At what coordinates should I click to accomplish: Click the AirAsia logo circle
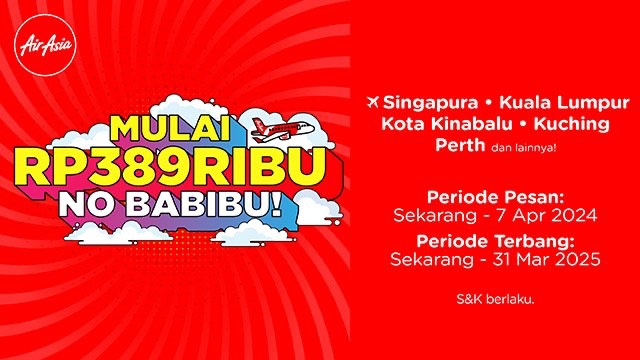(x=45, y=45)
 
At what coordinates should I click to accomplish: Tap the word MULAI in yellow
(x=170, y=129)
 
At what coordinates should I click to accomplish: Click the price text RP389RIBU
(x=172, y=167)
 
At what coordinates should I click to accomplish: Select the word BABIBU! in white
(x=207, y=204)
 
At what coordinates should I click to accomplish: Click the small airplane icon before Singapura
(x=373, y=102)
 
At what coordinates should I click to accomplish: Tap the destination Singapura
(x=431, y=102)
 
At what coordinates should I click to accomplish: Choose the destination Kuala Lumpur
(x=564, y=102)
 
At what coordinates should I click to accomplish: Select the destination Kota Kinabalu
(x=447, y=124)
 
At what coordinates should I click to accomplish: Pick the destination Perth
(x=460, y=145)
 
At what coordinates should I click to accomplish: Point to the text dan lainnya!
(x=524, y=147)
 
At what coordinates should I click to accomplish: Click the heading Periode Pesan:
(x=495, y=198)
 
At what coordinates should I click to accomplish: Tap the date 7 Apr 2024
(x=545, y=216)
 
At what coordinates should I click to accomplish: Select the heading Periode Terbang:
(x=495, y=241)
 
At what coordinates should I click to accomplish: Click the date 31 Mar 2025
(x=546, y=259)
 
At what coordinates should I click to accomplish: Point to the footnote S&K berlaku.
(x=495, y=300)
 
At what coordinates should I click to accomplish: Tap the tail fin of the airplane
(x=259, y=123)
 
